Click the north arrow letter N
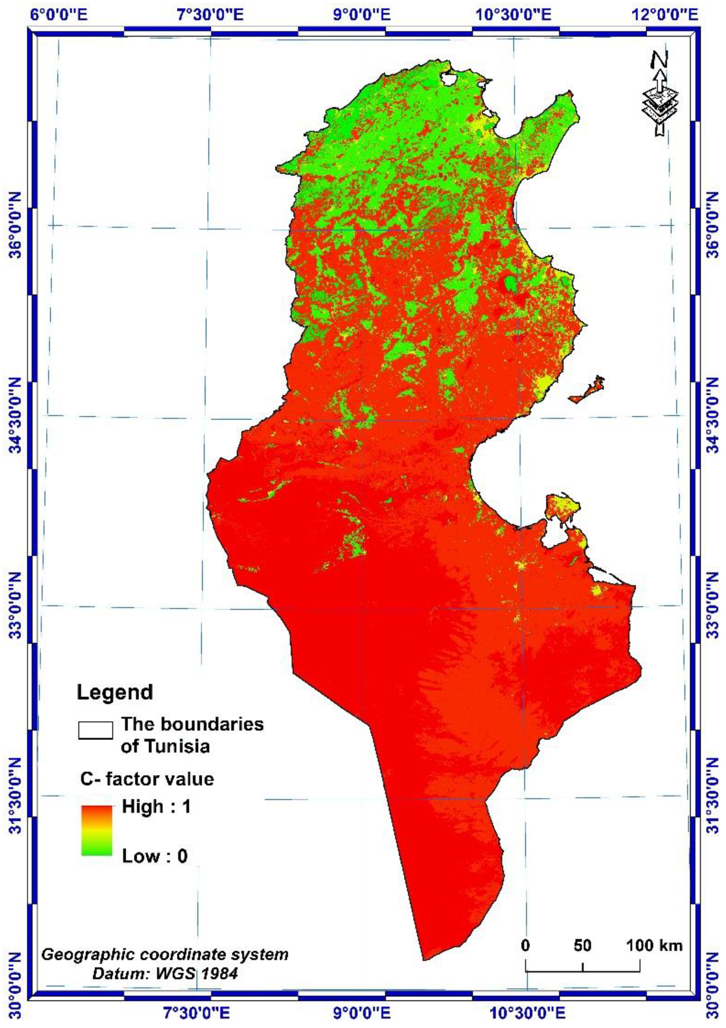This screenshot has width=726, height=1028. tap(659, 60)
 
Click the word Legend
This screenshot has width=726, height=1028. tap(115, 692)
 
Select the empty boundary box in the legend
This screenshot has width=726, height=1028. tap(95, 730)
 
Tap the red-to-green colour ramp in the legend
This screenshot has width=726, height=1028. tap(97, 831)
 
